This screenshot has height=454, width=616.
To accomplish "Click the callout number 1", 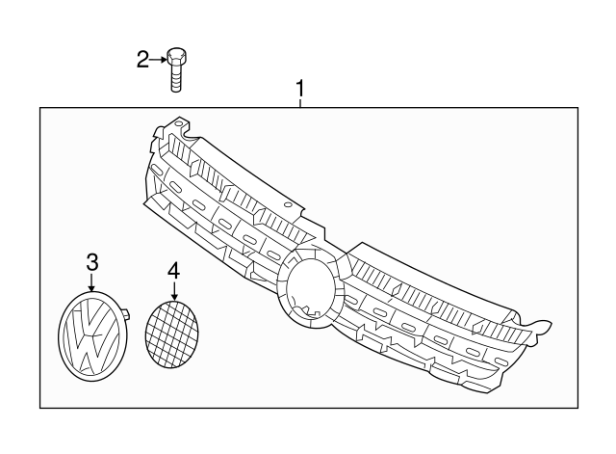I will click(x=300, y=90).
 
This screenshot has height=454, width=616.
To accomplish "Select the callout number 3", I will click(x=91, y=261).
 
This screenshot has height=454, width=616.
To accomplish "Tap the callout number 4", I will click(x=173, y=269).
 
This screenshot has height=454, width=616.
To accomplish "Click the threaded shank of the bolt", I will click(x=176, y=78).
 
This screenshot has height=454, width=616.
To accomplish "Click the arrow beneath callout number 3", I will click(x=91, y=282).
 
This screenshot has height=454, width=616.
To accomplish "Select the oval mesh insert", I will click(x=171, y=334).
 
